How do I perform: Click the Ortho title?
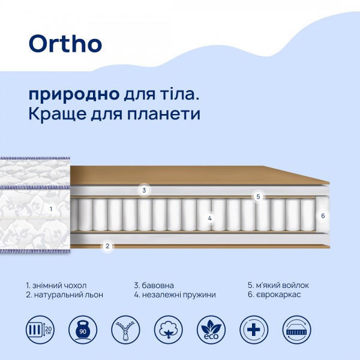(x=65, y=43)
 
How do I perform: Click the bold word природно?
(x=73, y=95)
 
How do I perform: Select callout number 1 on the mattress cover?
(x=51, y=209)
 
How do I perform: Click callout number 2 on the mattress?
(x=107, y=245)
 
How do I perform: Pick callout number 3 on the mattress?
(x=144, y=190)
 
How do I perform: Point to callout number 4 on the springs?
(x=210, y=218)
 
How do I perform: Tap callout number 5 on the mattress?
(x=258, y=196)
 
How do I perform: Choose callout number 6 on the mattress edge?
(x=322, y=215)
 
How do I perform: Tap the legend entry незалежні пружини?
(x=175, y=295)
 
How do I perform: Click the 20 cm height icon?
(x=39, y=329)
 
